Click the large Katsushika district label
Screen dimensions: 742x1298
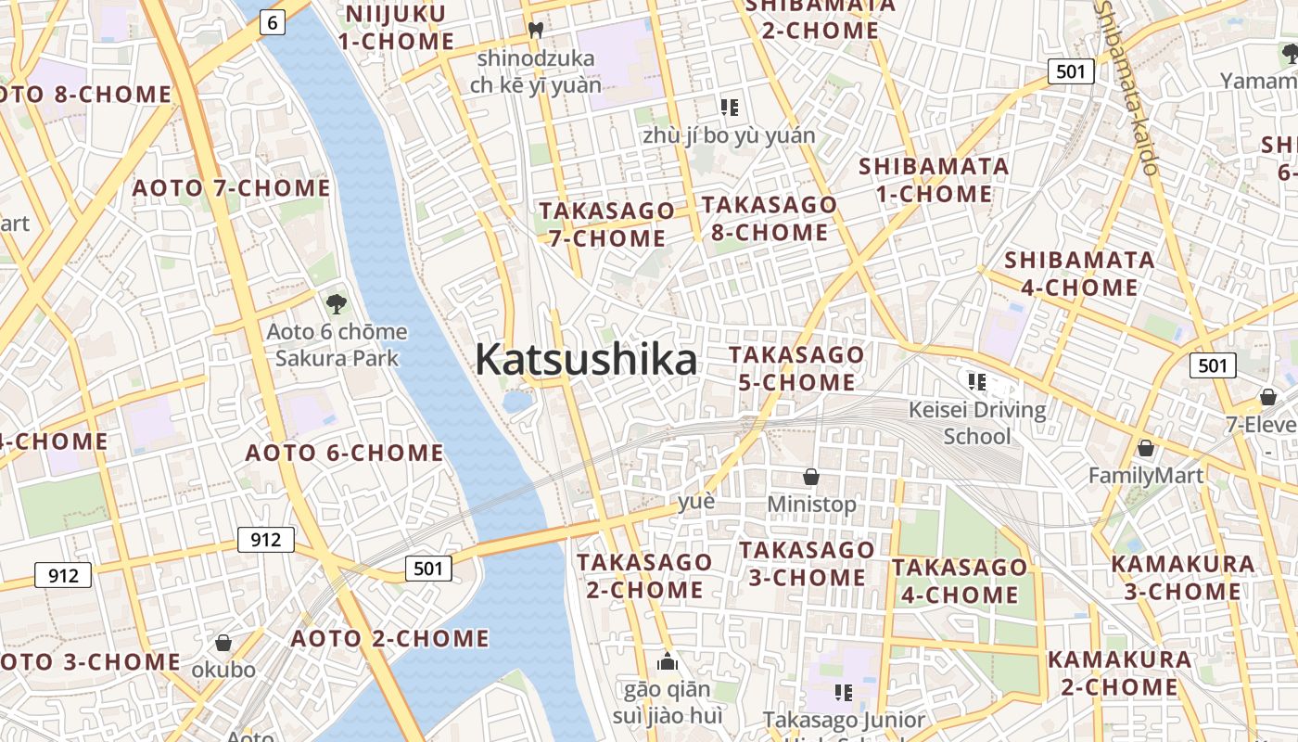coord(586,360)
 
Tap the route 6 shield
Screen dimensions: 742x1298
coord(272,21)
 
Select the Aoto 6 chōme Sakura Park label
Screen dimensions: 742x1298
coord(337,345)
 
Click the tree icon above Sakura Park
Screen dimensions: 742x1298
coord(336,302)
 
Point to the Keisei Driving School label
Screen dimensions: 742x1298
coord(977,423)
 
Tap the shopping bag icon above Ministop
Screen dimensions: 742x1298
coord(811,477)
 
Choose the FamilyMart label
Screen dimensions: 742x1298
coord(1145,476)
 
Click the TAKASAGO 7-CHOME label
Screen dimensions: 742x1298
coord(606,224)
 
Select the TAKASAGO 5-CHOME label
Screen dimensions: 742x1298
coord(796,368)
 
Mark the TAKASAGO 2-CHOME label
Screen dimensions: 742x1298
coord(644,576)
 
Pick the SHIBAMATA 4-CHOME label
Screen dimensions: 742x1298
coord(1080,274)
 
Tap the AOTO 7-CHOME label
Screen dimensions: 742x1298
coord(231,188)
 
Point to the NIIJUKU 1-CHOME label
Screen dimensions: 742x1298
coord(396,28)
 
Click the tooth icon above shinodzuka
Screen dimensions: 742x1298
coord(535,30)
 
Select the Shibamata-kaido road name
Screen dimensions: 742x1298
coord(1126,88)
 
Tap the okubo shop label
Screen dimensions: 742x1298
coord(223,670)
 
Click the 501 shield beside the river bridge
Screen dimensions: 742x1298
coord(428,568)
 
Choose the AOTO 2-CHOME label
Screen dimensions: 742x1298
coord(389,639)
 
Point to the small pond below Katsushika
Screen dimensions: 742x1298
coord(517,402)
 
